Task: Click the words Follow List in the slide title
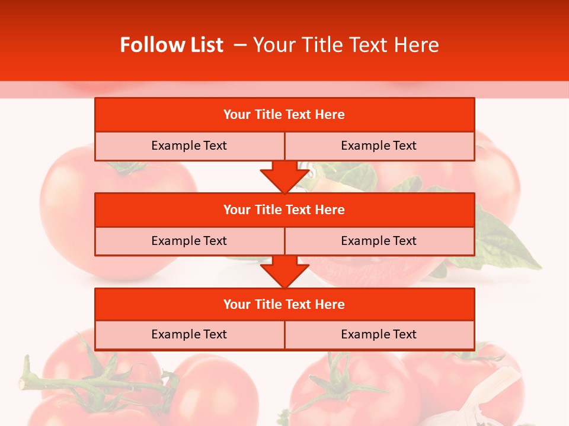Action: pos(171,45)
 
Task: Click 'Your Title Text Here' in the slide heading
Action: pos(346,45)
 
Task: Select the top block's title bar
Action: pos(284,115)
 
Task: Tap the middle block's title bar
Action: pos(284,210)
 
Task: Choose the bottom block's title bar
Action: pos(284,305)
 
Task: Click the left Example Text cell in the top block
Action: pos(189,146)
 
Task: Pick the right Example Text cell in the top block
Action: pos(379,146)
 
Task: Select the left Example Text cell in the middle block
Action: pos(189,241)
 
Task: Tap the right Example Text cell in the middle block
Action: pos(379,241)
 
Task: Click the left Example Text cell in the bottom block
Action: pos(189,335)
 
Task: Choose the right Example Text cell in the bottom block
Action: pos(379,335)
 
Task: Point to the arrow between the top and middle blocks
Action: pos(284,177)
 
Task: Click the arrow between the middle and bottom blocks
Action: pos(284,272)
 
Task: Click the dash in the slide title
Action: pos(240,45)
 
